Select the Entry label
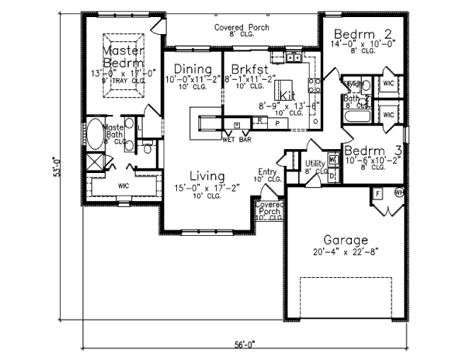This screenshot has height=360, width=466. (x=266, y=172)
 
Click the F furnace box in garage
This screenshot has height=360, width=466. (x=378, y=192)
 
